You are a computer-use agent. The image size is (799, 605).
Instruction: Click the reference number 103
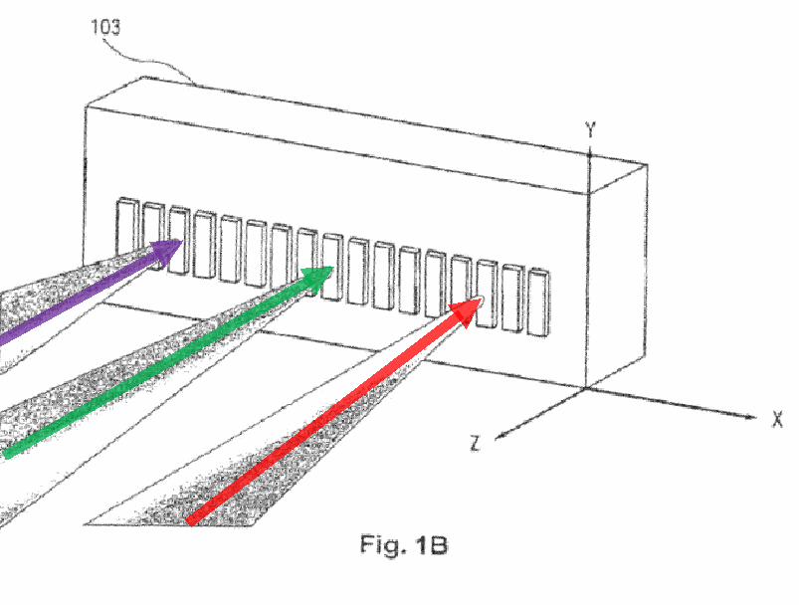[106, 27]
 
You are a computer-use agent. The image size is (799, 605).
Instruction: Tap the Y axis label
[590, 130]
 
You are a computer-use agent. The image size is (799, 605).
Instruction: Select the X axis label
[776, 419]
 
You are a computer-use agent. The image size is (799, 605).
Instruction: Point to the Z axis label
[475, 443]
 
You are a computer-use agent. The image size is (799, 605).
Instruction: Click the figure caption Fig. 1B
[404, 544]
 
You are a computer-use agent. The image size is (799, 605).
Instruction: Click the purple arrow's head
[167, 252]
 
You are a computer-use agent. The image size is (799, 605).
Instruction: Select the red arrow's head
[467, 310]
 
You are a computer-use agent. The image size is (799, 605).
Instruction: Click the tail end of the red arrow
[190, 521]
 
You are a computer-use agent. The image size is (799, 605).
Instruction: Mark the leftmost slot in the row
[127, 228]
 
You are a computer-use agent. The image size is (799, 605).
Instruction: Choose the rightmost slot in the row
[538, 302]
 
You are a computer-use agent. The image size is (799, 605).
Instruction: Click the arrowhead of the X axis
[750, 417]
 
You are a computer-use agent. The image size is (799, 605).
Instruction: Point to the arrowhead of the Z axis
[500, 436]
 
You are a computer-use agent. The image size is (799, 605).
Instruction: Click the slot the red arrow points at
[487, 295]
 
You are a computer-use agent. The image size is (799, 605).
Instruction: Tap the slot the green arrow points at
[332, 267]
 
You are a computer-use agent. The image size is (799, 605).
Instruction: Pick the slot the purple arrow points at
[179, 240]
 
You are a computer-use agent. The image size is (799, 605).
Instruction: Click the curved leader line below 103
[148, 62]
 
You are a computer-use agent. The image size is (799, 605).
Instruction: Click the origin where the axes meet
[586, 389]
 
